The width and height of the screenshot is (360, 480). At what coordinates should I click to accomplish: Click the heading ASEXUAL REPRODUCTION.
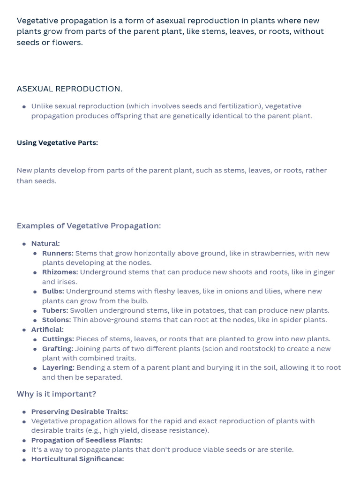point(69,89)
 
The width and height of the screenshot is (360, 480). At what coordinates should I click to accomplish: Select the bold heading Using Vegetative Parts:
point(57,143)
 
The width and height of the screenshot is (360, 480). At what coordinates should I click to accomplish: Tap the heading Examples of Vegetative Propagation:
point(89,226)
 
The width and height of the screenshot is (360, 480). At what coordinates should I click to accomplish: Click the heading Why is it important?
point(56,394)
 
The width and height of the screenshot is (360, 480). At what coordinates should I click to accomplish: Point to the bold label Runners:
point(58,254)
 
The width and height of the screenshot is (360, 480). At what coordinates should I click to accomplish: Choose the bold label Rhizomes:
point(60,272)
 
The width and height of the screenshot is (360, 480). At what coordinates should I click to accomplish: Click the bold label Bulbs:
point(53,292)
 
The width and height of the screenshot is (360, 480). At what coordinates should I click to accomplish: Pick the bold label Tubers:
point(55,310)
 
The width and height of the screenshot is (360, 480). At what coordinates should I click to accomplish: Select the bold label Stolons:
point(56,320)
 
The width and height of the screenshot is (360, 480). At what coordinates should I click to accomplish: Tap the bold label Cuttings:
point(58,339)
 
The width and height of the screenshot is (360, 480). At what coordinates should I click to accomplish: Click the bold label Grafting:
point(58,349)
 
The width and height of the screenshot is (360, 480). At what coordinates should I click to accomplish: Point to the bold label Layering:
point(58,368)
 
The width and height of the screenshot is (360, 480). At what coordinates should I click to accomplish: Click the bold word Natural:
point(45,244)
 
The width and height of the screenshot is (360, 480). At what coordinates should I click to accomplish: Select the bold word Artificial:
point(47,330)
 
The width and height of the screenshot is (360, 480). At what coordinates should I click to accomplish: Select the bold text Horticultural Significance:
point(77,459)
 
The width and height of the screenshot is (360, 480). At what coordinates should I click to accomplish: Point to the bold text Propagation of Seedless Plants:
point(87,440)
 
